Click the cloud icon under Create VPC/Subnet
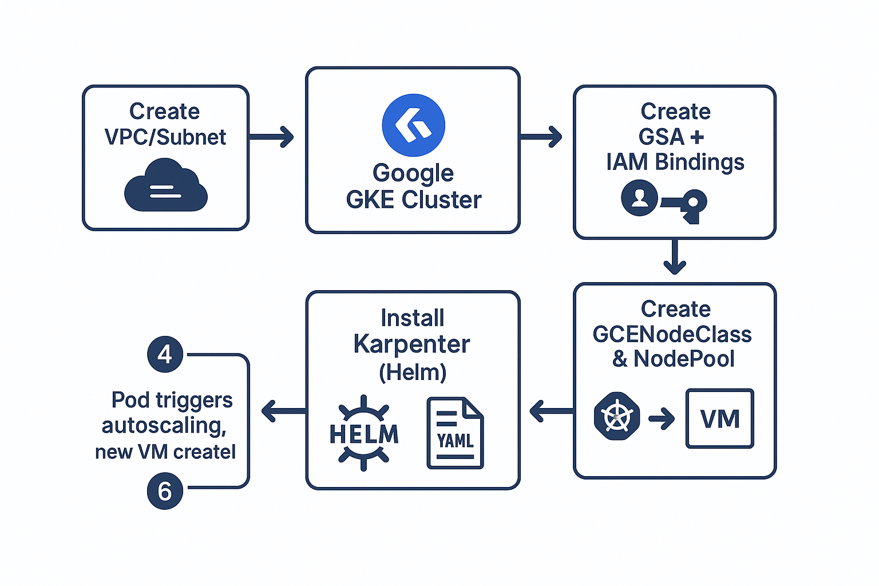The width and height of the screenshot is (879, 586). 166,185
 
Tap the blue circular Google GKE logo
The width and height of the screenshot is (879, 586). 413,125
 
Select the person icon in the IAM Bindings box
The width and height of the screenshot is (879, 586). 639,198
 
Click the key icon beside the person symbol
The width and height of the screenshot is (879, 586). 686,205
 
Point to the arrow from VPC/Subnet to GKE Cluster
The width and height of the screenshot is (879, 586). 271,137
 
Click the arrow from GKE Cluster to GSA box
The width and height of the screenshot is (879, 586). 541,137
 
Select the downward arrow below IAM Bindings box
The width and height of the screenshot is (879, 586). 675,258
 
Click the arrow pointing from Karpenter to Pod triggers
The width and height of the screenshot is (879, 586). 283,411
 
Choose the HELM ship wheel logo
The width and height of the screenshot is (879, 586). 364,433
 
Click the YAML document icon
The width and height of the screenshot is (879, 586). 455,433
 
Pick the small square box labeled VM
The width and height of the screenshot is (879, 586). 720,418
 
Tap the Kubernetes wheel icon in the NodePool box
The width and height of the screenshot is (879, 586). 617,416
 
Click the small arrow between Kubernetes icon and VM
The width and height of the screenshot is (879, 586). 662,419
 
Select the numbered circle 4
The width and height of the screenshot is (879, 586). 165,354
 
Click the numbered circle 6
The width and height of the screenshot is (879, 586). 165,491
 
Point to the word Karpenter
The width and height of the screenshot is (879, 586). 411,345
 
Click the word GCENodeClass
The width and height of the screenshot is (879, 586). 672,334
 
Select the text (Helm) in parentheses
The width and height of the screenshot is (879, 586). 413,373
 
